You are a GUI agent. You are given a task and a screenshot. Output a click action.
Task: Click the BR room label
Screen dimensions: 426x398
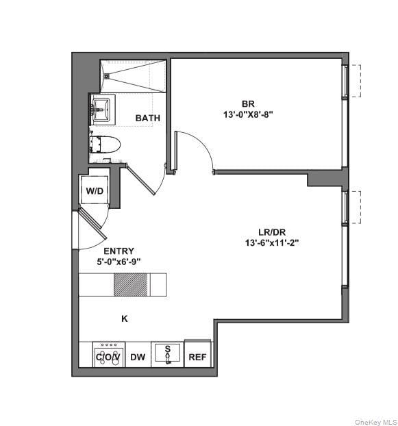tap(247, 103)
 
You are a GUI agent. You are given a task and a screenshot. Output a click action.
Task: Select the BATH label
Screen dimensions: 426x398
tap(147, 118)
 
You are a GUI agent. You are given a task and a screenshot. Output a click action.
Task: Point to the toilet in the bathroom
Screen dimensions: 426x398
tap(106, 145)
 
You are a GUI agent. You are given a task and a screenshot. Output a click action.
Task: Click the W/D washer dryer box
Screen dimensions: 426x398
tap(94, 190)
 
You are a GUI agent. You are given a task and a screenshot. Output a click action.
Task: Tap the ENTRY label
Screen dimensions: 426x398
tap(119, 251)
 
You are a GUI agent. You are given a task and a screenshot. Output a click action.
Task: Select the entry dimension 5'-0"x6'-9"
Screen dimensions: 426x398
tap(119, 261)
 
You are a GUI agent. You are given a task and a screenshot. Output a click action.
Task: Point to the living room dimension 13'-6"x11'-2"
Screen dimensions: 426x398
tap(272, 242)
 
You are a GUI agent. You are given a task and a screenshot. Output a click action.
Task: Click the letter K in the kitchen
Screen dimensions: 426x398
tap(125, 318)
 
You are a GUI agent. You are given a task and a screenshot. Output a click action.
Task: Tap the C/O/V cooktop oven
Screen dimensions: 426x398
tap(108, 356)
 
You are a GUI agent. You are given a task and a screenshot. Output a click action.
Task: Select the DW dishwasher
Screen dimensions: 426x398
tap(138, 357)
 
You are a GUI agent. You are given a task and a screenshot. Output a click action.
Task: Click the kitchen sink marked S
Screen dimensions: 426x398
tap(167, 354)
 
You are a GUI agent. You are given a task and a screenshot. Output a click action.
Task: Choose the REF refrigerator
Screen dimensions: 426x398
tap(197, 356)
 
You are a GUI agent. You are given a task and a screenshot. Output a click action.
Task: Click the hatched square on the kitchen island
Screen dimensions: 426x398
tap(130, 284)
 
